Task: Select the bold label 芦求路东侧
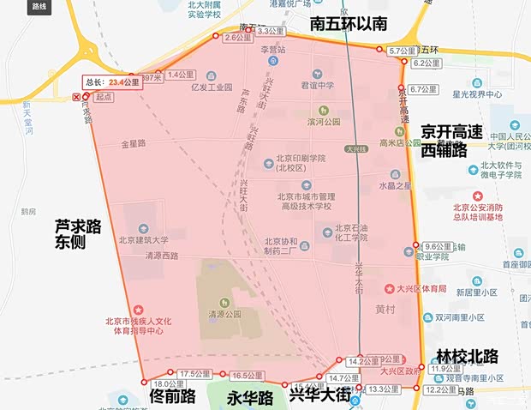78,235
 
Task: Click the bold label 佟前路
172,397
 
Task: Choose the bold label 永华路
249,398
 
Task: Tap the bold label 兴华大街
319,395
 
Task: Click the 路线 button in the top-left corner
39,6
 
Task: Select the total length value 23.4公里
124,83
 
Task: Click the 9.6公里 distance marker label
437,246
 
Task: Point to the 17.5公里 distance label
194,373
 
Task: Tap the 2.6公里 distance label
238,38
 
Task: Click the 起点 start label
104,97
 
